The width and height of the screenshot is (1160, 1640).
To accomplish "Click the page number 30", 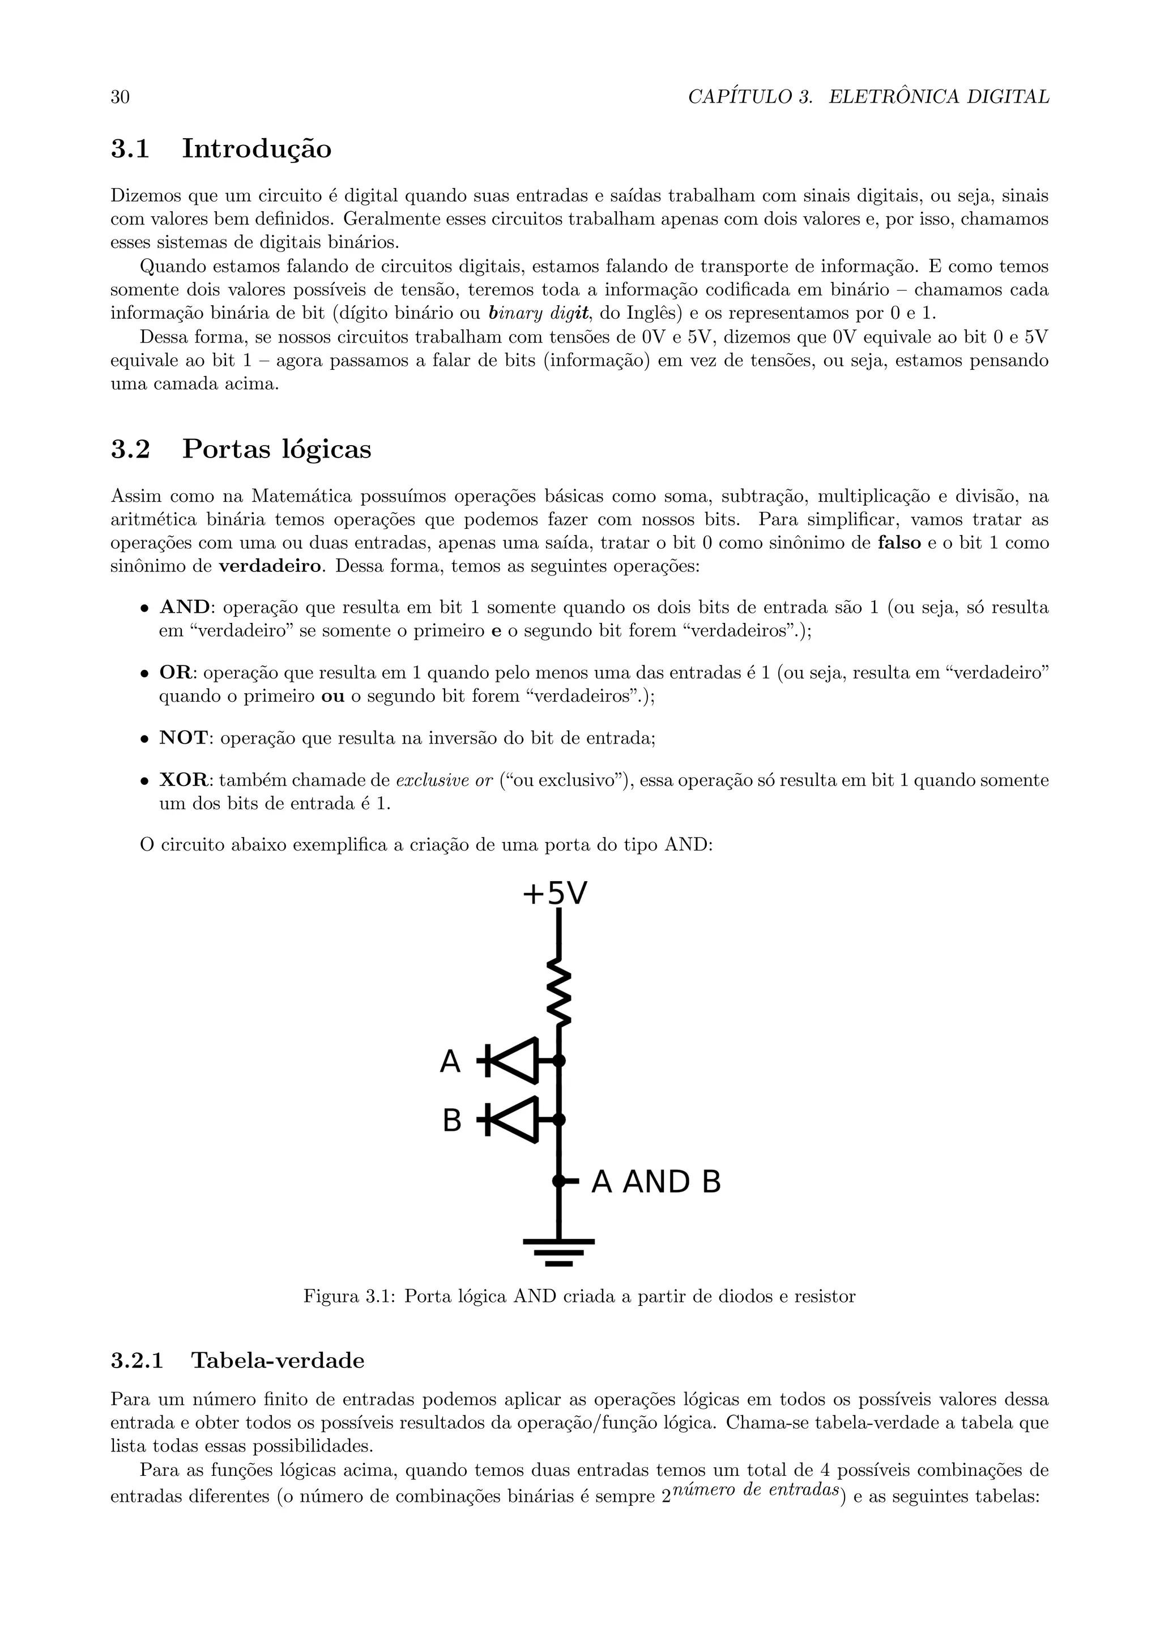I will pos(120,97).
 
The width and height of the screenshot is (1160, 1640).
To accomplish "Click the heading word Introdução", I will pos(257,150).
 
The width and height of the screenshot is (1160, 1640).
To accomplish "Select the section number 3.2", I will pos(130,449).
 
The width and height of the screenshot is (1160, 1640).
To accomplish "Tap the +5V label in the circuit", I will pos(555,894).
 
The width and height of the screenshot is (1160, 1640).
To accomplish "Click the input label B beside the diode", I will pos(451,1121).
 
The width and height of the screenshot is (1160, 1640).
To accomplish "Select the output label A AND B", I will pos(656,1182).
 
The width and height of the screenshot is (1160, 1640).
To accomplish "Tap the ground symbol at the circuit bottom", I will pos(558,1252).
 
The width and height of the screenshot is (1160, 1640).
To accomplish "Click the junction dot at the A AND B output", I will pos(559,1181).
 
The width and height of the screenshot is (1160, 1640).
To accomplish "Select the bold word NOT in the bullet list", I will pos(183,738).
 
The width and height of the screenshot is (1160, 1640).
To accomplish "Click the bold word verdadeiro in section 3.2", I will pos(271,567).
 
